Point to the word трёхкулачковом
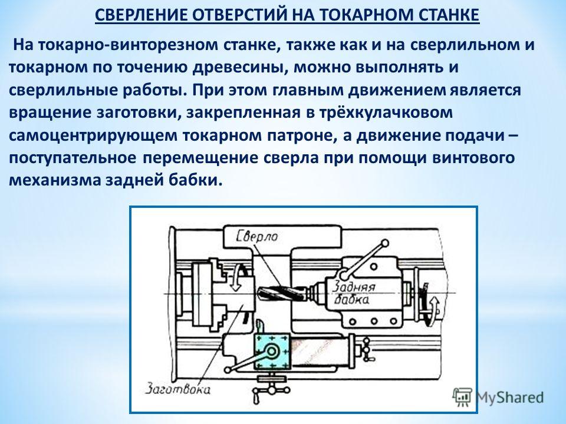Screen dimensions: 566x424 pos(386,112)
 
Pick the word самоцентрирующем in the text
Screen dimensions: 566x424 pos(93,136)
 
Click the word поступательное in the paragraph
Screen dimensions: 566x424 pos(73,158)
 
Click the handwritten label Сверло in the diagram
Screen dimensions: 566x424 pos(257,237)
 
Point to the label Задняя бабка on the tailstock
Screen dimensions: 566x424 pos(353,293)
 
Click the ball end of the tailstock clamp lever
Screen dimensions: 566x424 pos(385,245)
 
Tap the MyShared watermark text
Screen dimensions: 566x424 pos(509,397)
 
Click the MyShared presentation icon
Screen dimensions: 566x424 pos(462,397)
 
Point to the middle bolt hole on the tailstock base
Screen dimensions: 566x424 pos(374,321)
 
